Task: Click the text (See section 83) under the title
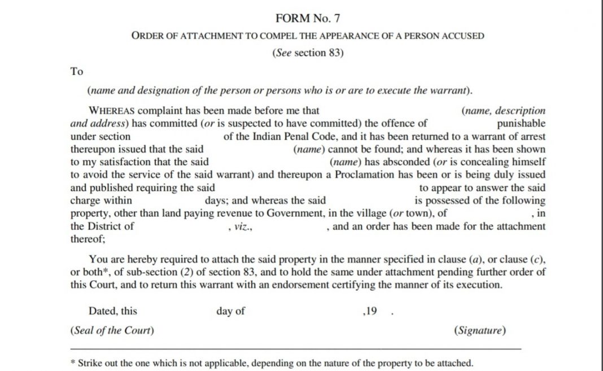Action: click(308, 53)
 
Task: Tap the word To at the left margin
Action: click(77, 71)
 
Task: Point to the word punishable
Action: click(521, 124)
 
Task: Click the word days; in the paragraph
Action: click(217, 200)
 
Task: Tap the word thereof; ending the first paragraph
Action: click(88, 239)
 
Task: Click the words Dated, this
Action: click(113, 311)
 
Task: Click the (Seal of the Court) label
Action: click(112, 330)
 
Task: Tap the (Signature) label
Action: click(479, 330)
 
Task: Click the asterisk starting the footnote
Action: click(73, 363)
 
